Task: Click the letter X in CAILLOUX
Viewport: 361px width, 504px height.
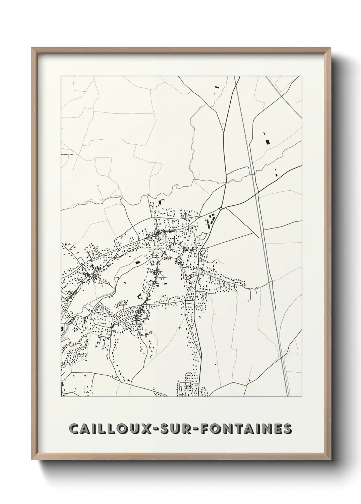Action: coord(146,429)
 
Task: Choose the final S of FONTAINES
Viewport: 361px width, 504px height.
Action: coord(287,429)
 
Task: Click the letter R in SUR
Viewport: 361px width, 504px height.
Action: coord(185,429)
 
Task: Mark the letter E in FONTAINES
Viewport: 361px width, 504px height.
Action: coord(276,429)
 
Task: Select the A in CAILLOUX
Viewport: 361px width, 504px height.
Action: coord(85,429)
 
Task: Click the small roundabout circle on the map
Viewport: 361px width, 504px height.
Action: coord(221,208)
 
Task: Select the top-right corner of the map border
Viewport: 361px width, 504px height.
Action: coord(302,76)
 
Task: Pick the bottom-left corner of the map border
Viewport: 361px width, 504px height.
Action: coord(61,396)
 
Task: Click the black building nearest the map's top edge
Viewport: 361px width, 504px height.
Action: coord(216,87)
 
